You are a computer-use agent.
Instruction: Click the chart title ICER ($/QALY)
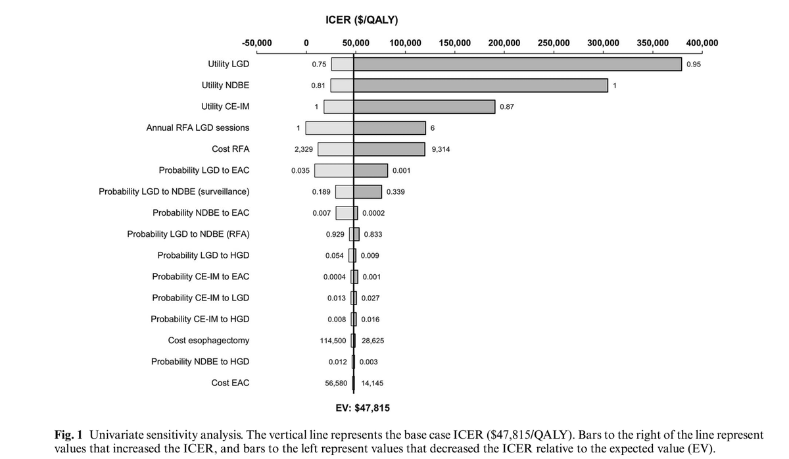[x=362, y=20]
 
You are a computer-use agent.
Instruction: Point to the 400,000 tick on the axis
[x=702, y=43]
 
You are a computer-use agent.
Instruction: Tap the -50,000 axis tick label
[x=257, y=43]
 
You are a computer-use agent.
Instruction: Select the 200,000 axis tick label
[x=504, y=43]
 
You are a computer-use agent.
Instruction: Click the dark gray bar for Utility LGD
[x=517, y=64]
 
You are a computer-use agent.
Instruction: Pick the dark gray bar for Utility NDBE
[x=481, y=85]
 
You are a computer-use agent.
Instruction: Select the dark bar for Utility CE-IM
[x=424, y=107]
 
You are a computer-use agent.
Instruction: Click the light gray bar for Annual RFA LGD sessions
[x=329, y=128]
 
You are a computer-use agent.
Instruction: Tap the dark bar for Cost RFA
[x=389, y=149]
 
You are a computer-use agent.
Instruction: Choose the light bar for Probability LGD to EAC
[x=334, y=170]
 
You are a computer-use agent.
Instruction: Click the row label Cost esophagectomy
[x=208, y=341]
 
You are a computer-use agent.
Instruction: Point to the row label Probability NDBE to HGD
[x=200, y=362]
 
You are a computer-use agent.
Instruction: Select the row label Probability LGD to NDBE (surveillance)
[x=174, y=191]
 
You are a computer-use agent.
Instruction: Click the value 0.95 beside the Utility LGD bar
[x=693, y=64]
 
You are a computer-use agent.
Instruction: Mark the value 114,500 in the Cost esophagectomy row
[x=332, y=341]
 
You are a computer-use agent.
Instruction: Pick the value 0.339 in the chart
[x=395, y=191]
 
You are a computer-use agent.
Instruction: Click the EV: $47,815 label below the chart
[x=362, y=408]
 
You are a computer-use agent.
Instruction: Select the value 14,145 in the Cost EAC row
[x=373, y=383]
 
